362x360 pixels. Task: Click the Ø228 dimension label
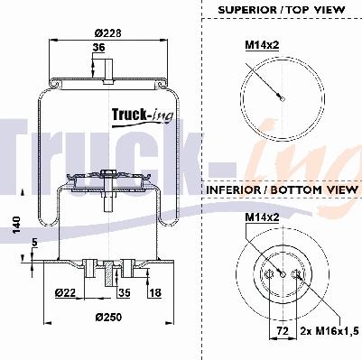point(108,32)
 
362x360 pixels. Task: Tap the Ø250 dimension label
point(108,317)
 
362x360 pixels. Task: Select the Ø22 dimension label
point(66,292)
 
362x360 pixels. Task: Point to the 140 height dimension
point(16,225)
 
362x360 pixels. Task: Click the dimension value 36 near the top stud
point(98,48)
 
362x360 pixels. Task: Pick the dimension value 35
point(125,292)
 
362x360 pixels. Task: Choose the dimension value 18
point(155,292)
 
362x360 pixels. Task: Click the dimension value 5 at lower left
point(34,243)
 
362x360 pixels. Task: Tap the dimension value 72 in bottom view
point(283,331)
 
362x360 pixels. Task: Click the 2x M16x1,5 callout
point(330,331)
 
